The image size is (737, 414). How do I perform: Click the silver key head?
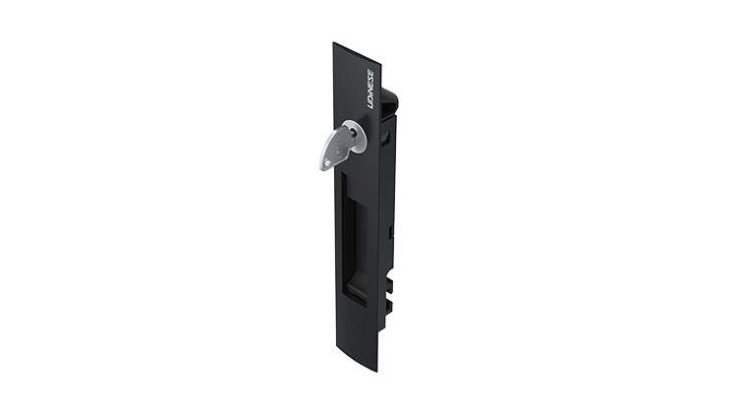click(334, 150)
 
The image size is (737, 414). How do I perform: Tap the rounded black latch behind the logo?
click(389, 97)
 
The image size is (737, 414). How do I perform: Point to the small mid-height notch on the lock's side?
click(391, 232)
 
